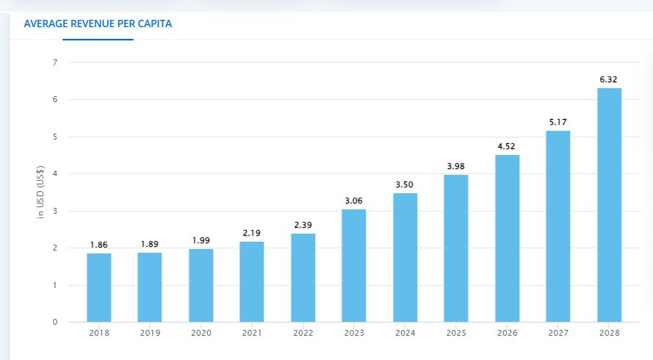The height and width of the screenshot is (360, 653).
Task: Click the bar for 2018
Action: [98, 287]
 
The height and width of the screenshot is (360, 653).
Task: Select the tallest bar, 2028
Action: [609, 205]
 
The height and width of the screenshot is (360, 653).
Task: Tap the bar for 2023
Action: [353, 265]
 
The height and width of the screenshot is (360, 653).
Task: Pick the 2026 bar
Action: [507, 238]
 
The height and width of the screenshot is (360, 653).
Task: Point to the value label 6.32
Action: [609, 79]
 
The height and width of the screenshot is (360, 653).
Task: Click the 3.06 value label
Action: [353, 200]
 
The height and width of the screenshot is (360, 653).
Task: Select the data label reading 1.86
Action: [98, 244]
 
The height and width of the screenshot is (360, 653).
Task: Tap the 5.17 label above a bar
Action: [558, 121]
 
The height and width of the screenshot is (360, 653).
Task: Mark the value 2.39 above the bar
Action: [303, 224]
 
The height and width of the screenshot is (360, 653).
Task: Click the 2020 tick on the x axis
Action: [201, 333]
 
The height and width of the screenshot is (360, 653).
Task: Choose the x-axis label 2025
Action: [455, 333]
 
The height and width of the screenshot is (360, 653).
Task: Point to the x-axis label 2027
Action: [558, 333]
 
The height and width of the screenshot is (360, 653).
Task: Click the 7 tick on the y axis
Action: [54, 62]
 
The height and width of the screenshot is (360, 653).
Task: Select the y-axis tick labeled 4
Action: [54, 174]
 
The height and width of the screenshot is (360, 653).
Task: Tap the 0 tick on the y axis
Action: [54, 323]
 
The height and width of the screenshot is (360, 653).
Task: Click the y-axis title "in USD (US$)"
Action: [41, 192]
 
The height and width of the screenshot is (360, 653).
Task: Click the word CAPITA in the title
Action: [154, 24]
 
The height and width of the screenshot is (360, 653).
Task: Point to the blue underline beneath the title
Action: [98, 39]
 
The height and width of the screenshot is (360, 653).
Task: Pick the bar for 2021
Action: [252, 281]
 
